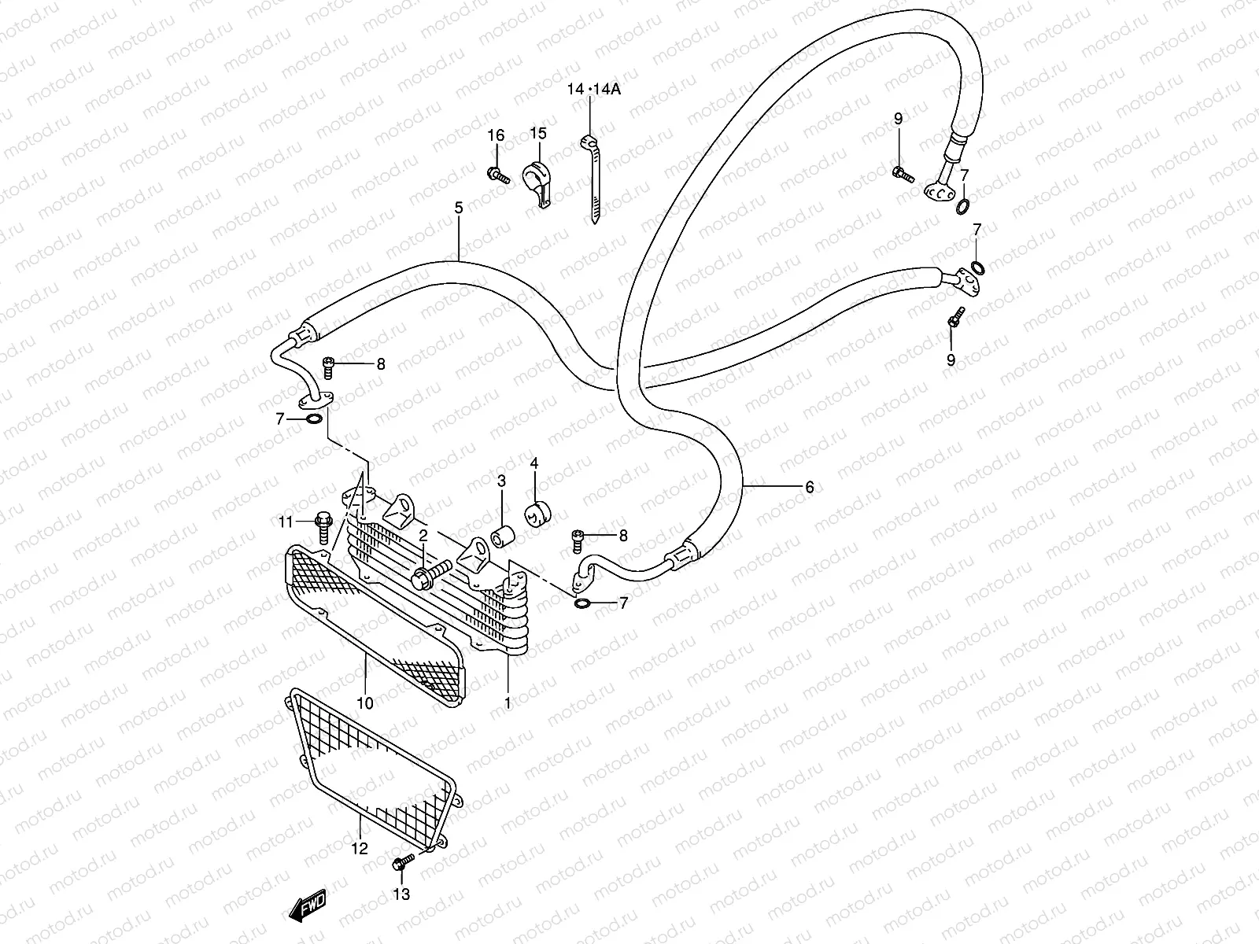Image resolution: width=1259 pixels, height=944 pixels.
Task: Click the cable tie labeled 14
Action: pyautogui.click(x=591, y=181)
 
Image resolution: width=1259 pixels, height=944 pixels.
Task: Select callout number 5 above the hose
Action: pyautogui.click(x=459, y=208)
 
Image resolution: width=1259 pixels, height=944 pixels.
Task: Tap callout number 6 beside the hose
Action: pyautogui.click(x=809, y=488)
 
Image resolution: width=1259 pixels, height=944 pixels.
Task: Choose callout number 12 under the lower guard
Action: pyautogui.click(x=360, y=849)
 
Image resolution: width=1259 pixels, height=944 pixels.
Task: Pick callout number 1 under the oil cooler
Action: pyautogui.click(x=508, y=702)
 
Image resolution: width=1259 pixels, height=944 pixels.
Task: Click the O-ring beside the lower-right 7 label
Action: pyautogui.click(x=583, y=604)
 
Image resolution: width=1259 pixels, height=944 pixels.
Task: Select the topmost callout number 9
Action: pyautogui.click(x=898, y=119)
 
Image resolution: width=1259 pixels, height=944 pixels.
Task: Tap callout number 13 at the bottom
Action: pyautogui.click(x=401, y=894)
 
